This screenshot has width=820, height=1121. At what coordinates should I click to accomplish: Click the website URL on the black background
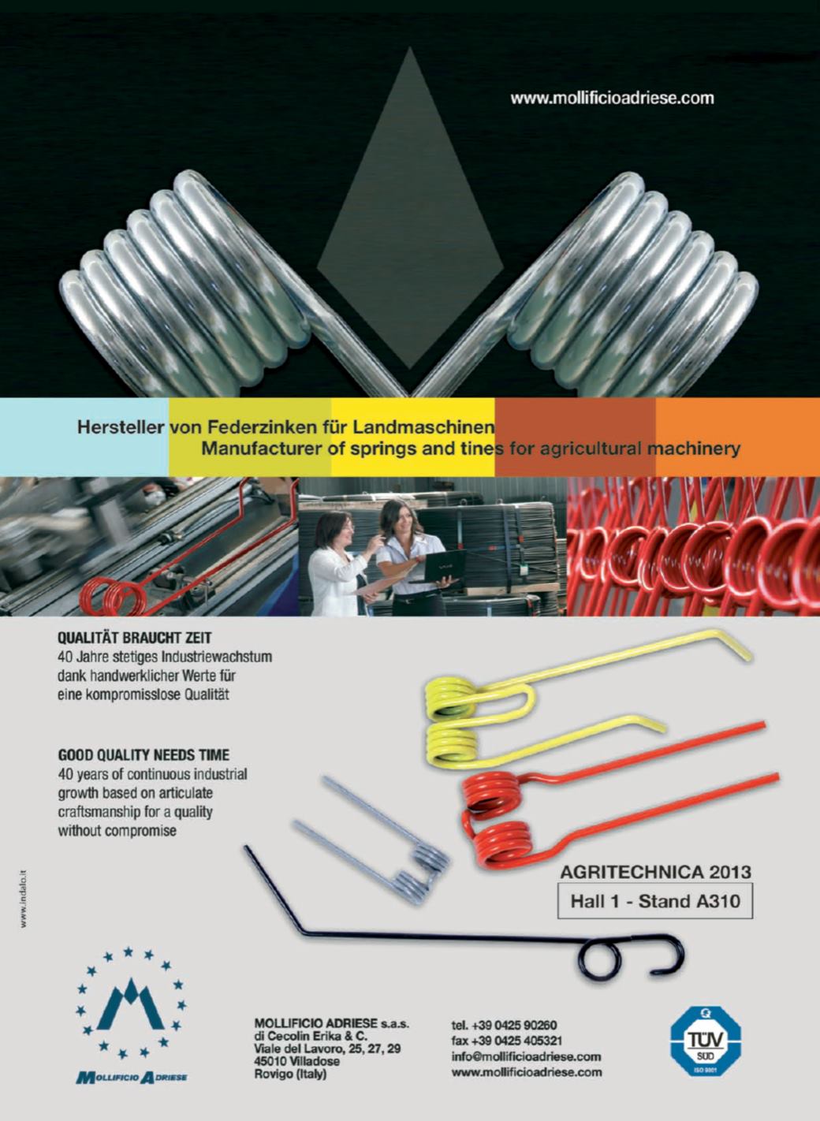point(612,98)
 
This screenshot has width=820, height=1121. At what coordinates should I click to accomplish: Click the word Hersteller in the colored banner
point(121,428)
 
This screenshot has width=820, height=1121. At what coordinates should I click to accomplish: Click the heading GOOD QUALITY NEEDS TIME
point(143,754)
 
